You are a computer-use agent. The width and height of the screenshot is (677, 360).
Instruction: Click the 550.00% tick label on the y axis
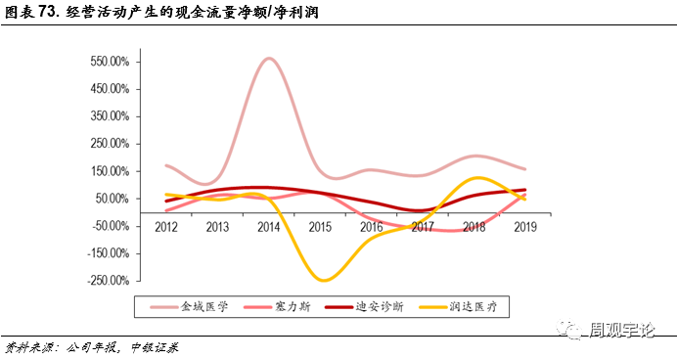coord(111,62)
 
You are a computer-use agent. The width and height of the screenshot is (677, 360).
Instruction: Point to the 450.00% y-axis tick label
coord(111,89)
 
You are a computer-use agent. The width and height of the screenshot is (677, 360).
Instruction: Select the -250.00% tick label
coord(109,281)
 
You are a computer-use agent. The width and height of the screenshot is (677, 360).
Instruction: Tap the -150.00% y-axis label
coord(109,253)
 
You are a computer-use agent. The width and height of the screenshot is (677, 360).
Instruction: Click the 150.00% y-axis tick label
coord(111,171)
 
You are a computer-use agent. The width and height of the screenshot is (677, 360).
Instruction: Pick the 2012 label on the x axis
coord(167,226)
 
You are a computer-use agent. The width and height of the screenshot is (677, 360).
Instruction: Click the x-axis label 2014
coord(269,226)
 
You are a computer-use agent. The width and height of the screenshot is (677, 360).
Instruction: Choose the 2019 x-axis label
coord(524,226)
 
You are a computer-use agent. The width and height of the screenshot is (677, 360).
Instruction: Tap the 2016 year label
coord(372,226)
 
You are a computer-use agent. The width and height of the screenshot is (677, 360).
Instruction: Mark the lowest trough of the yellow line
coord(322,280)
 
